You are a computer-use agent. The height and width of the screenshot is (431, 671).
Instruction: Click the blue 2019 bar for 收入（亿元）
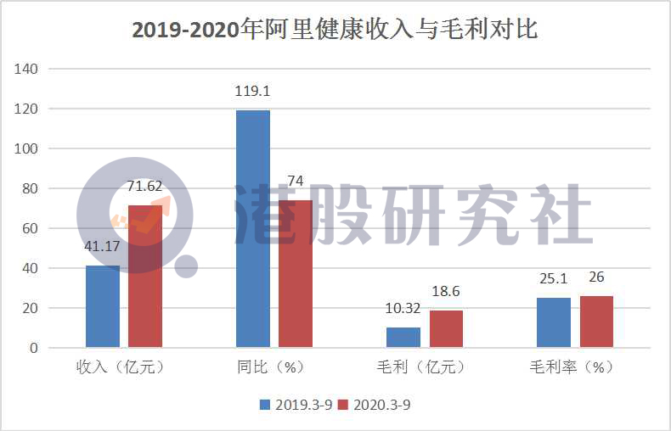(x=103, y=306)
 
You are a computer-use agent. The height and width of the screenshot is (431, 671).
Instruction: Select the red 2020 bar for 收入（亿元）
(x=145, y=276)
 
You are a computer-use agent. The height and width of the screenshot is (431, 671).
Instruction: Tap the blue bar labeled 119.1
(x=253, y=228)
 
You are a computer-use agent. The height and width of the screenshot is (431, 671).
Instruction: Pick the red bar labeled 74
(x=296, y=273)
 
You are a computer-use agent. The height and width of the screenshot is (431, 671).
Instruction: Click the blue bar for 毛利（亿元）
(x=403, y=337)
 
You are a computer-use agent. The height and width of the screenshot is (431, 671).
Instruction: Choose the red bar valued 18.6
(x=446, y=328)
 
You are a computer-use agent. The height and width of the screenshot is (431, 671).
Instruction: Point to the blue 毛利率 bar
(x=554, y=322)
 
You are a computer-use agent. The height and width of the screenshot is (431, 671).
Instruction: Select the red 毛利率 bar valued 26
(x=596, y=322)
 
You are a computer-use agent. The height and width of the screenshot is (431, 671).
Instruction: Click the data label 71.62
(x=145, y=187)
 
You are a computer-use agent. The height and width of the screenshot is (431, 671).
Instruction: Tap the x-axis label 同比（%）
(x=270, y=368)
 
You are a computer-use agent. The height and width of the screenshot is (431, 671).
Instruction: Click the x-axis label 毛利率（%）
(x=572, y=368)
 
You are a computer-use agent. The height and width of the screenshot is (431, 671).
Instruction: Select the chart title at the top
(x=335, y=30)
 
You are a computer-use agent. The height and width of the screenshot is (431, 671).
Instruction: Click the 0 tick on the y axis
(x=34, y=348)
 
